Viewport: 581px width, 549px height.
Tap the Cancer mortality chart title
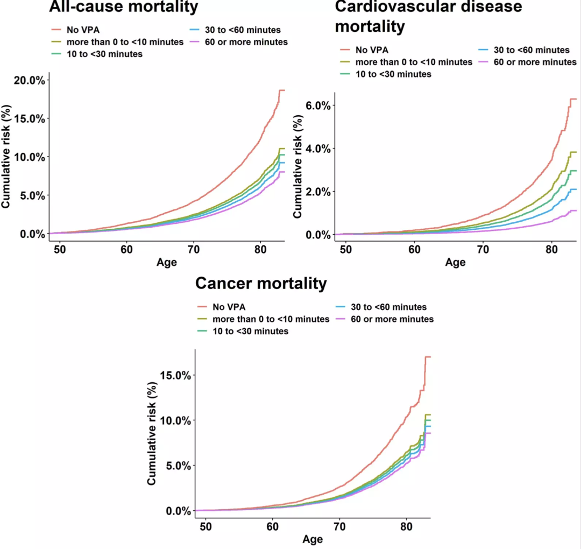click(261, 283)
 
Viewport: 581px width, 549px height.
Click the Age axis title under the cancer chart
click(313, 539)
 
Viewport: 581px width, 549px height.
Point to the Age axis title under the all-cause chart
click(167, 263)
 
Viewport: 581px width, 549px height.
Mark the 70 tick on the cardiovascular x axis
click(483, 250)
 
